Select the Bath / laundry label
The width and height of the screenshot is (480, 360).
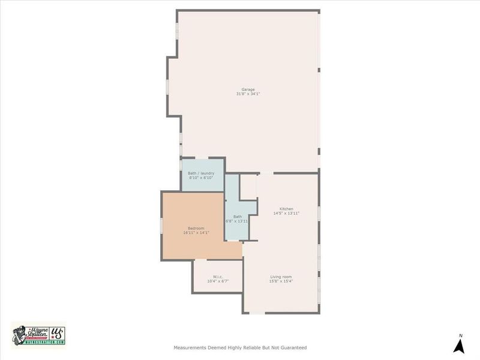[201, 173]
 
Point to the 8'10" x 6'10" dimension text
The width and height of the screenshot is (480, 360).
[201, 178]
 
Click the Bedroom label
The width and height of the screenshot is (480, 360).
[196, 228]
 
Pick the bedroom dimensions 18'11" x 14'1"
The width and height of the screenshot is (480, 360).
[196, 233]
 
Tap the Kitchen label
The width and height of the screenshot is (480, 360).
[286, 208]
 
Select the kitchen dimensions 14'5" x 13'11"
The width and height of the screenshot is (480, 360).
[286, 213]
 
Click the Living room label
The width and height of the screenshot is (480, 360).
[281, 277]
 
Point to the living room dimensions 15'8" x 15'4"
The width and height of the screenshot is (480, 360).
[281, 281]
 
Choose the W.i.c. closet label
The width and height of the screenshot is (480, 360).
[218, 277]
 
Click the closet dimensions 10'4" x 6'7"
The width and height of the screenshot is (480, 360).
[218, 281]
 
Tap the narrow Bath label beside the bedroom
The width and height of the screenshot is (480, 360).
[238, 217]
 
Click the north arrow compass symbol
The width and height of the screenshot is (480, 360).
[460, 346]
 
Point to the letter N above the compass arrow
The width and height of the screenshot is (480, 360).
[460, 335]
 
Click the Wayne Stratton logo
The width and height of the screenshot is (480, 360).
[38, 334]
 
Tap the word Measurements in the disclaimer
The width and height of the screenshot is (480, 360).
[190, 347]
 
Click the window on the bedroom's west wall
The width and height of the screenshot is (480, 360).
[161, 224]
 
